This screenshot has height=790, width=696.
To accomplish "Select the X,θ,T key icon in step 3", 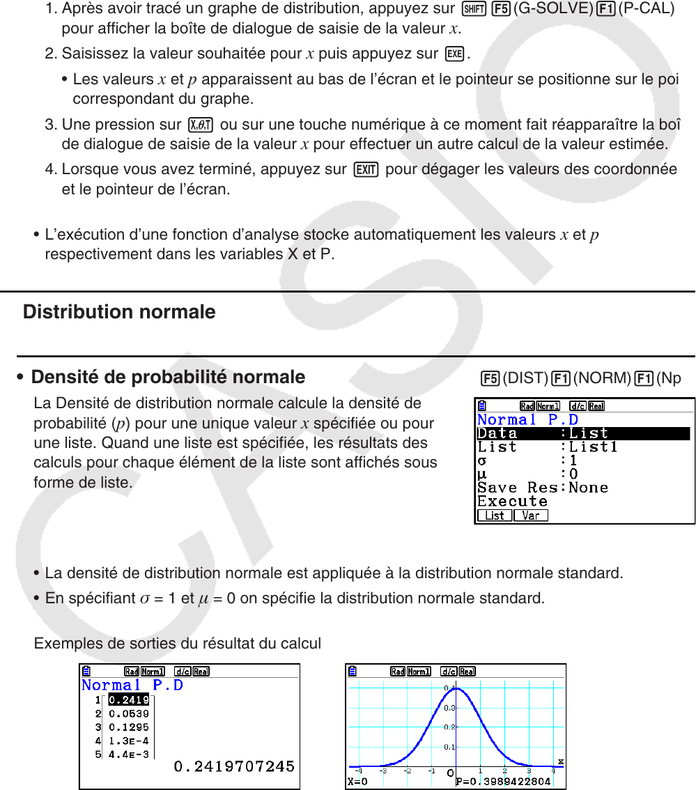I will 201,125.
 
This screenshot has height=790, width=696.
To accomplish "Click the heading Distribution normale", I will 119,311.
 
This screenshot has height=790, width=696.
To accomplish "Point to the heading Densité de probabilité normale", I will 168,377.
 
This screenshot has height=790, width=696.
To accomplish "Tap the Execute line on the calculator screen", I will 512,501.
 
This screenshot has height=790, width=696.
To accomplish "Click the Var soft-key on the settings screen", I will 531,516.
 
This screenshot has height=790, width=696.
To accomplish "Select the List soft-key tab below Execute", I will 495,516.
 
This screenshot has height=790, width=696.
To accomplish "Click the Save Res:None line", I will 543,488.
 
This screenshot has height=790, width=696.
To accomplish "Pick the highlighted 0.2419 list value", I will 129,700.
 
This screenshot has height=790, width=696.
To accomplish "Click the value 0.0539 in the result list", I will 129,713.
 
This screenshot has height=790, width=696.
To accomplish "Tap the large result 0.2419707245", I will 233,766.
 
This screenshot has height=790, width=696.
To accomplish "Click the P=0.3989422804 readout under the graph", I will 503,782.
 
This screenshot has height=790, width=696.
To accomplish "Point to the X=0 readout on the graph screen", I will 358,782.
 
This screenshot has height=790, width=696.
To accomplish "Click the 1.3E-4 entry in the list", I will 129,741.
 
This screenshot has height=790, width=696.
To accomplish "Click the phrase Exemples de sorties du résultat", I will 178,643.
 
